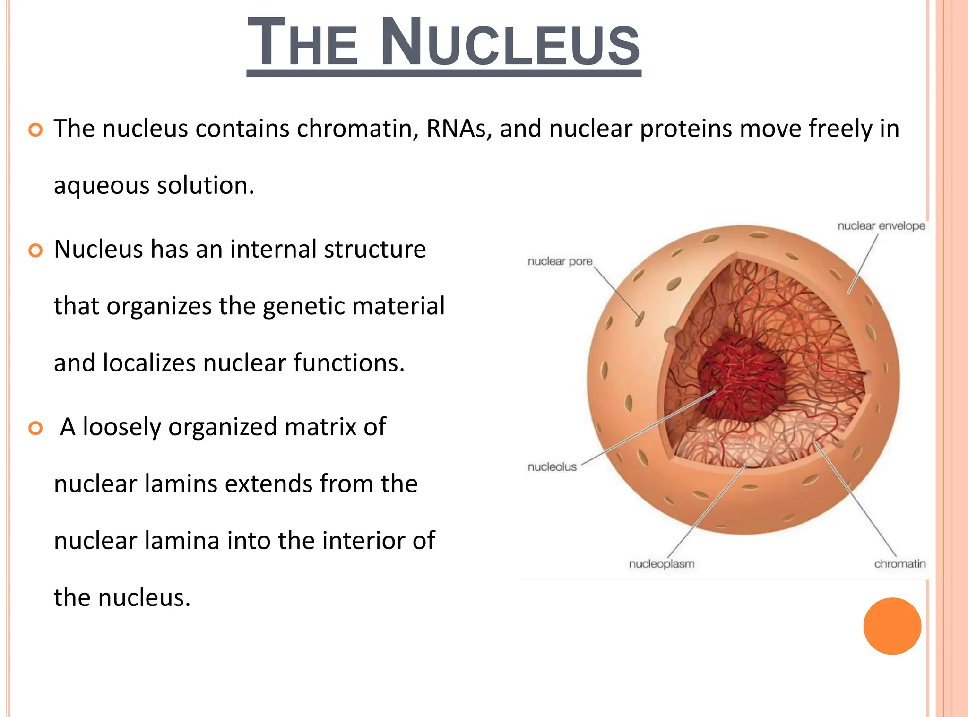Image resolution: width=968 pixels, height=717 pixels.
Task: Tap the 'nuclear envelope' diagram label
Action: coord(881,226)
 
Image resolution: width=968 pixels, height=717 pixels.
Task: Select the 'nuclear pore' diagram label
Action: coord(560,261)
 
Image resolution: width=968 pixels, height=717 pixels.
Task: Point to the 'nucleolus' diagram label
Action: coord(552,467)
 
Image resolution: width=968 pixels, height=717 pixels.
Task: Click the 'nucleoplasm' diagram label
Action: coord(661,564)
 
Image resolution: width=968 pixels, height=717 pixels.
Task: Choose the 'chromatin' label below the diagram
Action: coord(899,564)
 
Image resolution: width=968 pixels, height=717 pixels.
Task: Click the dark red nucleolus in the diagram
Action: coord(742,378)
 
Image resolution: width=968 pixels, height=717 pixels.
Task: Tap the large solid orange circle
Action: coord(892,626)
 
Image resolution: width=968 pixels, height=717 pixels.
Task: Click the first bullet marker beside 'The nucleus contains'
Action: coord(35,130)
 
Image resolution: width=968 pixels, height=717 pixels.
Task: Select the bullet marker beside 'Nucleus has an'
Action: coord(35,250)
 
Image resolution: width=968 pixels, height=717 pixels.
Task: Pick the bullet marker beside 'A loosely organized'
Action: coord(35,428)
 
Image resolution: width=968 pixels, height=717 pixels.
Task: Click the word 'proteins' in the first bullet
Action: coord(685,129)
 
